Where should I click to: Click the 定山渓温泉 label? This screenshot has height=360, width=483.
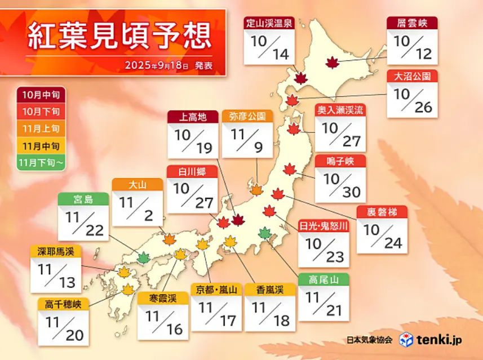[269, 23]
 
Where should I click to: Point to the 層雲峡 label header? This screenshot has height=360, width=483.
[412, 23]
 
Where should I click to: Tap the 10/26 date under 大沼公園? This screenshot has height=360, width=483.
[412, 100]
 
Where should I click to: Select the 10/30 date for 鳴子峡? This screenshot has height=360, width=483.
[340, 185]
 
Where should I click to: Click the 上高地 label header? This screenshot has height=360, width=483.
[193, 117]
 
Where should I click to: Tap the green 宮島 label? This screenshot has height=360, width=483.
[83, 199]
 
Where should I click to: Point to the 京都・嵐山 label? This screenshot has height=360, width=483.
[216, 290]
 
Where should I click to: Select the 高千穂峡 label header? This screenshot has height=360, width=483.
[63, 304]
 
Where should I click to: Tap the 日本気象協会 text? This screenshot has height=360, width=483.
[370, 340]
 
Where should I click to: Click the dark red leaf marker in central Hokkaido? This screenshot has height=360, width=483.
[333, 63]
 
